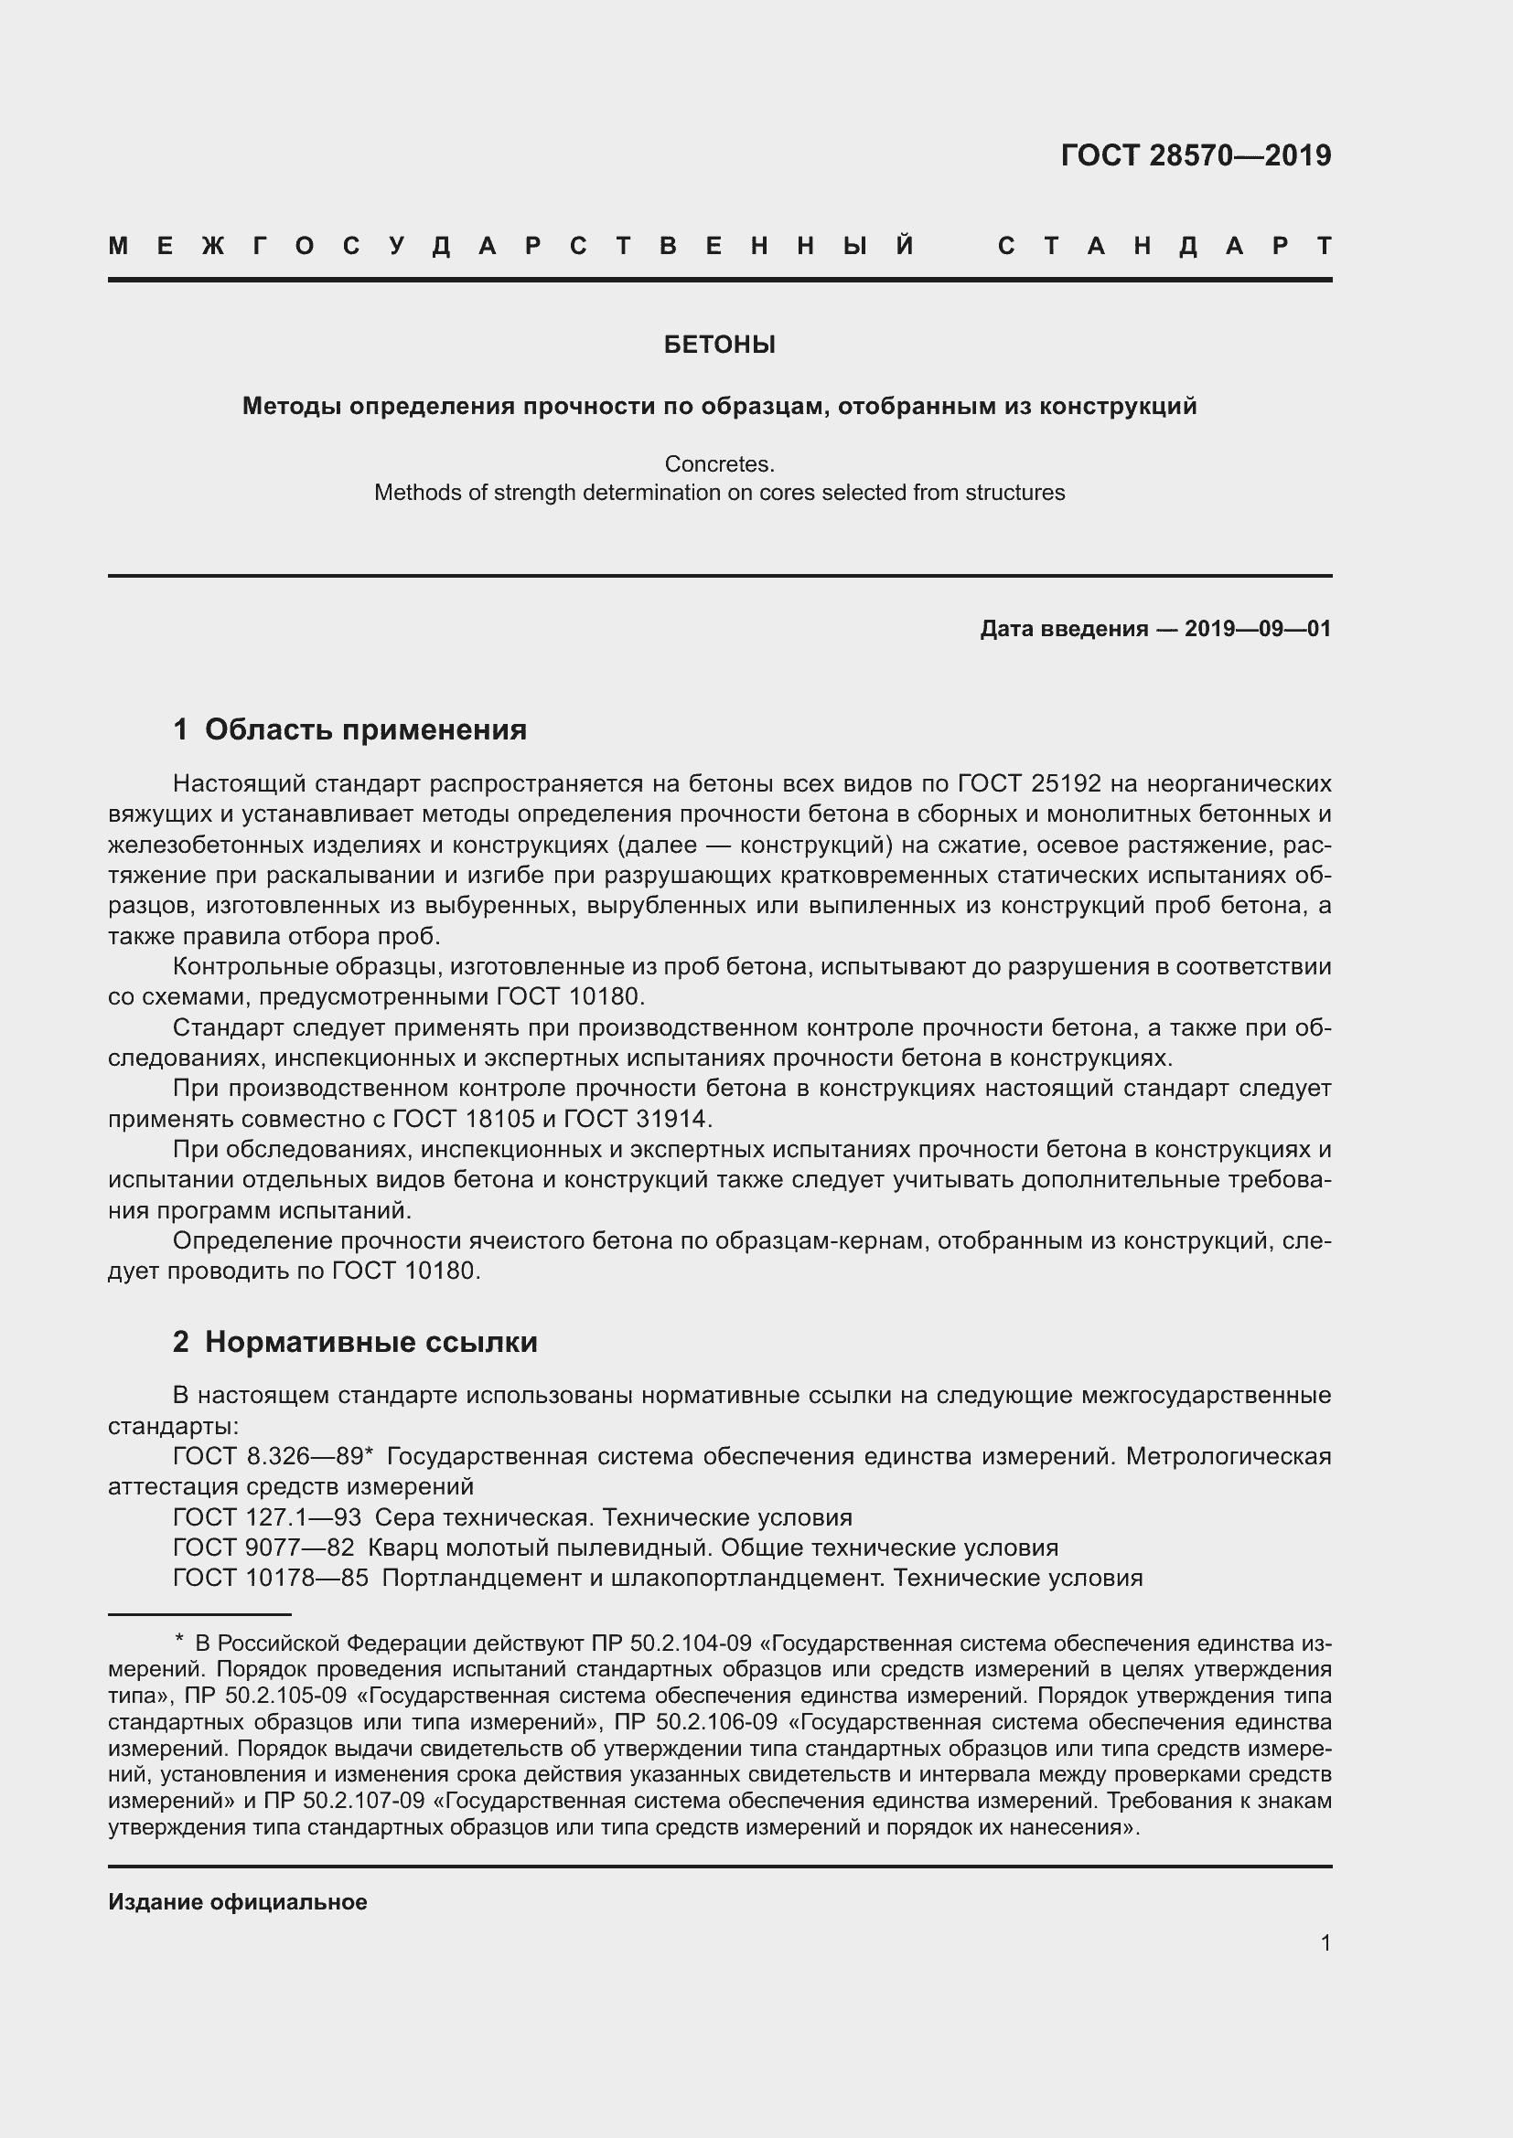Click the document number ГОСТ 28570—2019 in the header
tap(1196, 154)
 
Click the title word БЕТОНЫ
tap(719, 345)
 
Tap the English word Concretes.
tap(719, 463)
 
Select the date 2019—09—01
tap(1258, 629)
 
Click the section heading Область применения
tap(365, 729)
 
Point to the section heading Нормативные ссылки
tap(370, 1342)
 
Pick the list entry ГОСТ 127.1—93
tap(266, 1517)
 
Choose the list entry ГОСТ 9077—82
tap(263, 1548)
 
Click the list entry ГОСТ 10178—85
tap(270, 1578)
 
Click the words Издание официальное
tap(238, 1901)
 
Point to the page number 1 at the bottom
tap(1325, 1942)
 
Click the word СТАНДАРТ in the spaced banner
tap(1164, 246)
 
